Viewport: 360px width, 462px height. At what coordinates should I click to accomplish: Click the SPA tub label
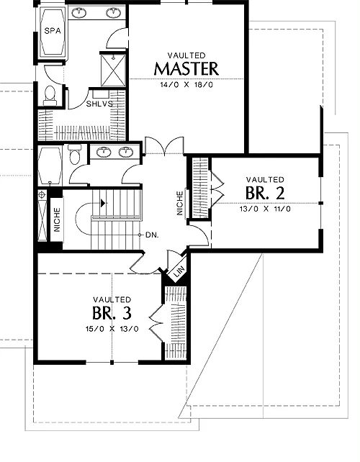click(x=53, y=31)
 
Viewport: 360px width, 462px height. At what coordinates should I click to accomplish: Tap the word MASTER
click(x=186, y=68)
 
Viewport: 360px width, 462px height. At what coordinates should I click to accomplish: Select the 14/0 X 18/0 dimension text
click(x=186, y=85)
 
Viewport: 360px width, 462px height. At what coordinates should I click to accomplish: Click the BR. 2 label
click(x=265, y=194)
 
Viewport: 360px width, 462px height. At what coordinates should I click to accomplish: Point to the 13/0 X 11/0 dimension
click(x=265, y=209)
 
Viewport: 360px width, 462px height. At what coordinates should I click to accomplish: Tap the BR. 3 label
click(x=112, y=313)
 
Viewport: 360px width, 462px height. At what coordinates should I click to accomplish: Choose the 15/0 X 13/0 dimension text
click(x=112, y=329)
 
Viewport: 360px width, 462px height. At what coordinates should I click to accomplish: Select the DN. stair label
click(x=152, y=235)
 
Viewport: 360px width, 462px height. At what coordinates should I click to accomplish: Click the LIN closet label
click(x=179, y=271)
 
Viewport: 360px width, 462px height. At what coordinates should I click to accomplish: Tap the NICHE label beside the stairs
click(x=57, y=219)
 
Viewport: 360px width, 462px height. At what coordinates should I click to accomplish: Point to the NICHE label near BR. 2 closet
click(x=180, y=203)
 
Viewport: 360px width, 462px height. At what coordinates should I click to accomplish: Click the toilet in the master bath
click(x=50, y=96)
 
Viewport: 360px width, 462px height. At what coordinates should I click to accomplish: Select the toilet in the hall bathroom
click(x=74, y=154)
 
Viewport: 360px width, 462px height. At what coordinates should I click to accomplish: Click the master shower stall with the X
click(x=113, y=71)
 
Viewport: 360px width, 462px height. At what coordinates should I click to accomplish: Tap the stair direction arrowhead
click(x=103, y=203)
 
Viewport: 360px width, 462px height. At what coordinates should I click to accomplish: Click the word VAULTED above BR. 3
click(x=112, y=299)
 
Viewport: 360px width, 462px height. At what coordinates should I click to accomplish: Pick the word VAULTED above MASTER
click(x=186, y=55)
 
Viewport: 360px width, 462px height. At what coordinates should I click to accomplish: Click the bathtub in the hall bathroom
click(x=50, y=166)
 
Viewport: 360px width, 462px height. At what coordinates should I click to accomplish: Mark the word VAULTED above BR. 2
click(x=265, y=179)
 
